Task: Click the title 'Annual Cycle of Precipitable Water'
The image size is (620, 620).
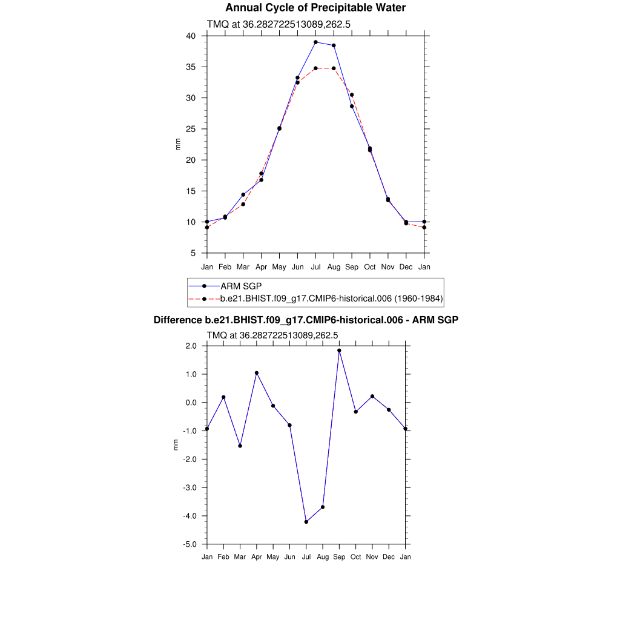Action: click(315, 8)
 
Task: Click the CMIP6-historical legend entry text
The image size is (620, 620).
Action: click(332, 298)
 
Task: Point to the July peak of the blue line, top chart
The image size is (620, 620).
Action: click(315, 42)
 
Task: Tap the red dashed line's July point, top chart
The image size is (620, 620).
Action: click(315, 68)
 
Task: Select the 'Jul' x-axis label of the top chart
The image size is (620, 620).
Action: click(315, 267)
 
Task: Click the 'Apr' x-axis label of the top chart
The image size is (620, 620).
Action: click(261, 267)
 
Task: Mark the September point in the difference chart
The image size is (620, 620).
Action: click(339, 351)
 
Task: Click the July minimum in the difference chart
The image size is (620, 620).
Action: click(306, 521)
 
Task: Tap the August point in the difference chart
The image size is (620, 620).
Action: click(323, 507)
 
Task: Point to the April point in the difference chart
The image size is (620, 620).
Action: click(257, 373)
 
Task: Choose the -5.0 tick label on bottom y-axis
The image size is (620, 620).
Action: click(191, 544)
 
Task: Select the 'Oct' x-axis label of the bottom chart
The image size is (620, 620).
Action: click(355, 556)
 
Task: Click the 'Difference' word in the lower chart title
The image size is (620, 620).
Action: click(174, 320)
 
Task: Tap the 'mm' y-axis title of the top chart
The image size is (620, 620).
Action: click(178, 144)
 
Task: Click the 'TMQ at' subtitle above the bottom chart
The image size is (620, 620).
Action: click(225, 335)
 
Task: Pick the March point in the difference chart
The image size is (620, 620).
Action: click(240, 446)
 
